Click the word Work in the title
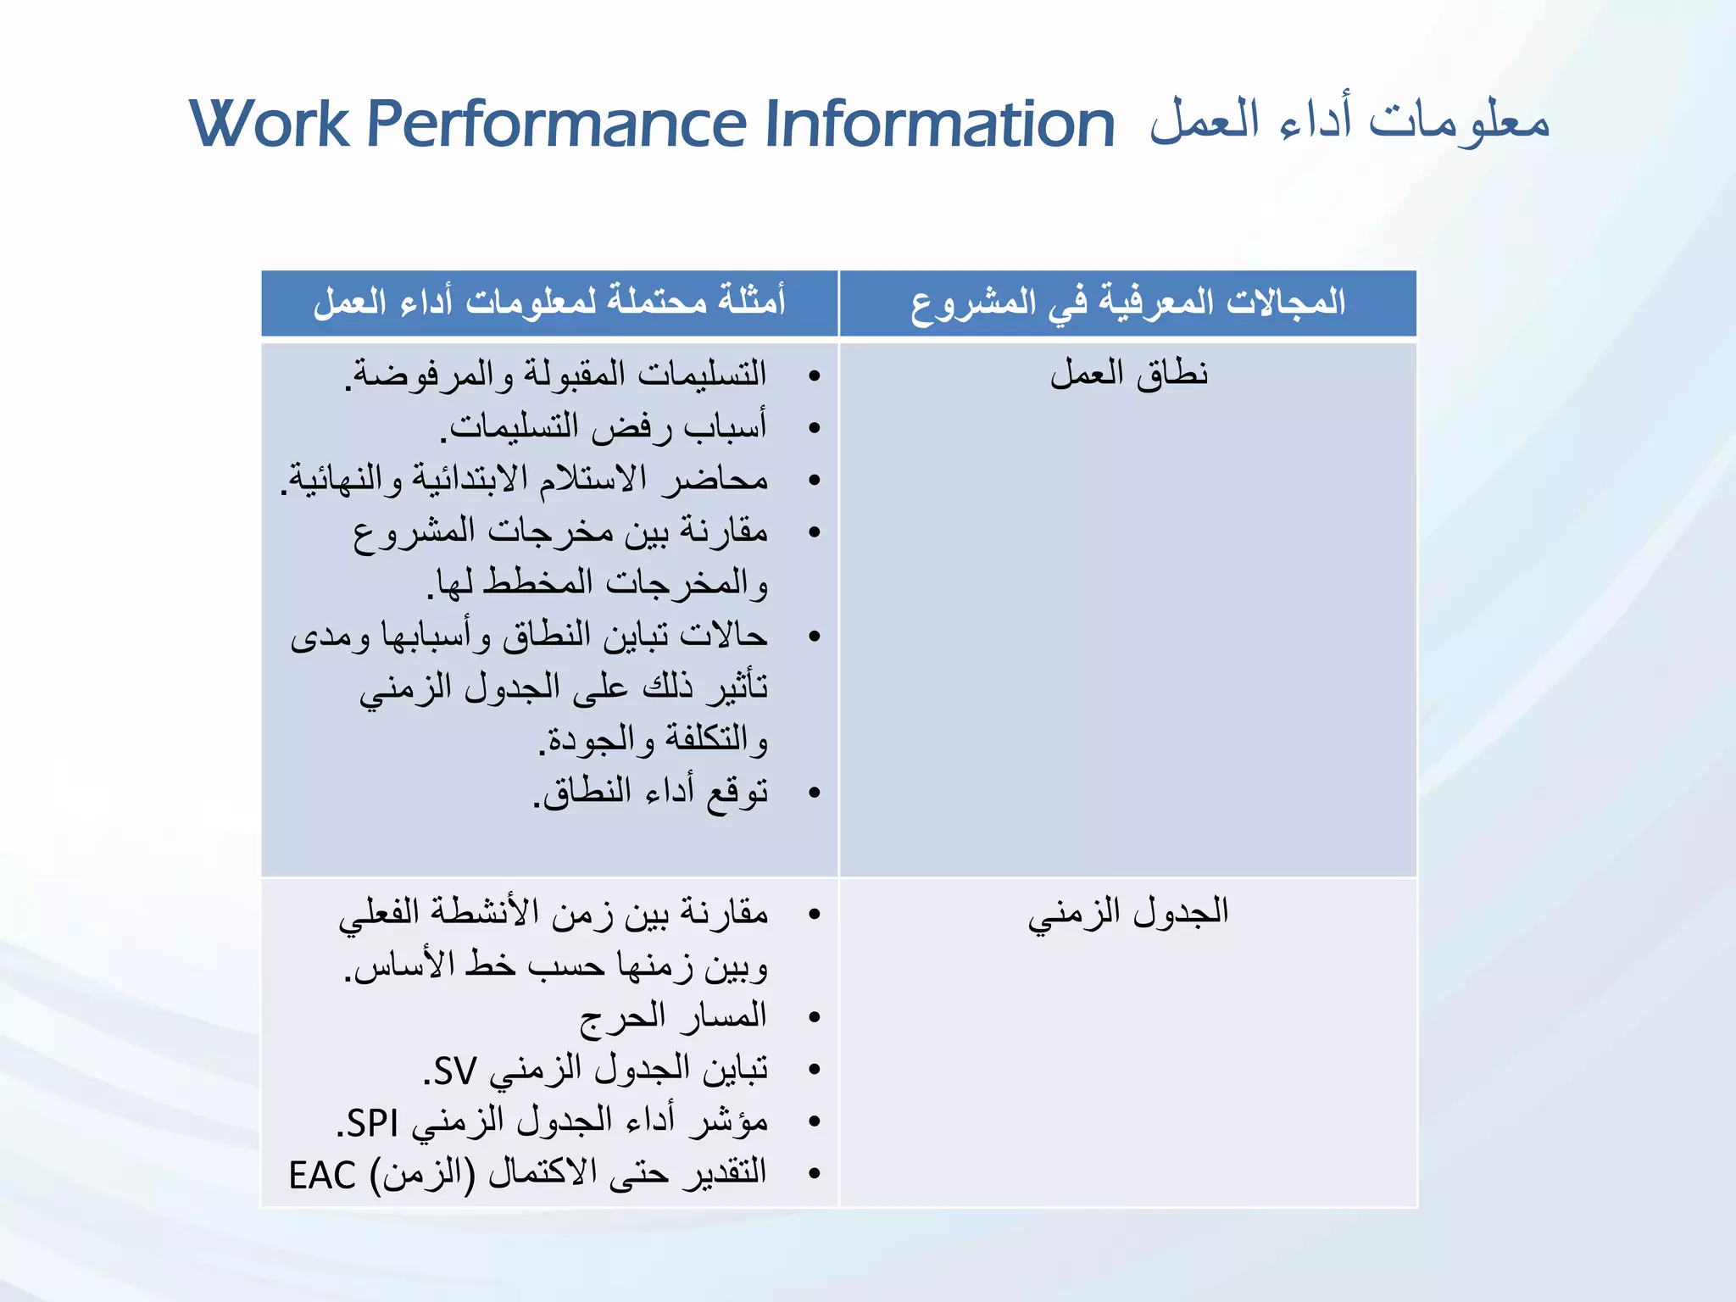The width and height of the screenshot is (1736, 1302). coord(270,125)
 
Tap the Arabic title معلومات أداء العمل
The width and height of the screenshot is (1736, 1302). coord(1349,121)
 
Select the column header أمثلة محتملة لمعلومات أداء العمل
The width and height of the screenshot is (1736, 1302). coord(549,303)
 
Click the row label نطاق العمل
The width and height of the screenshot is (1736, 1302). coord(1128,374)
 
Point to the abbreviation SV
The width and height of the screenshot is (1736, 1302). coord(454,1071)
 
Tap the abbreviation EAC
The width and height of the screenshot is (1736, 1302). coord(322,1176)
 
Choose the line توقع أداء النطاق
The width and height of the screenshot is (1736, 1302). coord(651,793)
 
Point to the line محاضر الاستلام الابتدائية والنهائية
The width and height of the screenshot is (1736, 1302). coord(525,479)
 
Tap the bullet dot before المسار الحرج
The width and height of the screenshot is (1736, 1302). coord(815,1017)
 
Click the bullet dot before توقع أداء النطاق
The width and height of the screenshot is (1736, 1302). coord(815,793)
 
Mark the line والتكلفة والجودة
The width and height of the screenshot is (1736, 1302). coord(654,740)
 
